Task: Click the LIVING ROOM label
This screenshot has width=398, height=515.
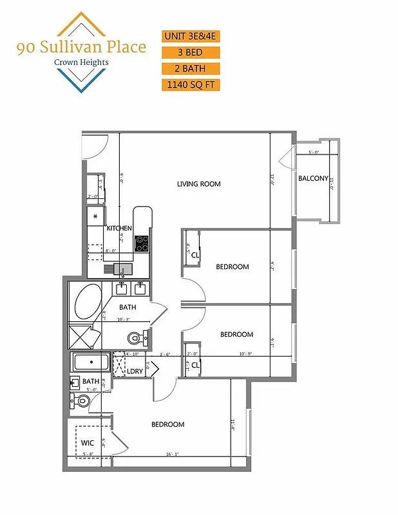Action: click(199, 184)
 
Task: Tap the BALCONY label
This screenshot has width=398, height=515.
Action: click(313, 179)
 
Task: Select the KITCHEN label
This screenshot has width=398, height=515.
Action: click(119, 229)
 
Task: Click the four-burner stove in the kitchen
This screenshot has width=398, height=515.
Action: click(142, 243)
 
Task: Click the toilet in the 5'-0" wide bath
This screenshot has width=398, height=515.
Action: click(81, 400)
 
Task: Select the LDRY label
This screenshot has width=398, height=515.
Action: click(135, 371)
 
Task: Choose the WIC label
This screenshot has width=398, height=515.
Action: click(88, 443)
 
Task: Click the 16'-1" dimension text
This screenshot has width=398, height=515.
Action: click(171, 454)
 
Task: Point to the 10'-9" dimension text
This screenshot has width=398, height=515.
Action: click(247, 353)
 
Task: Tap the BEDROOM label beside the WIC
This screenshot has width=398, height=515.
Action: click(167, 424)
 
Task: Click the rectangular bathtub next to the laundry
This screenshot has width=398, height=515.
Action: click(91, 362)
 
